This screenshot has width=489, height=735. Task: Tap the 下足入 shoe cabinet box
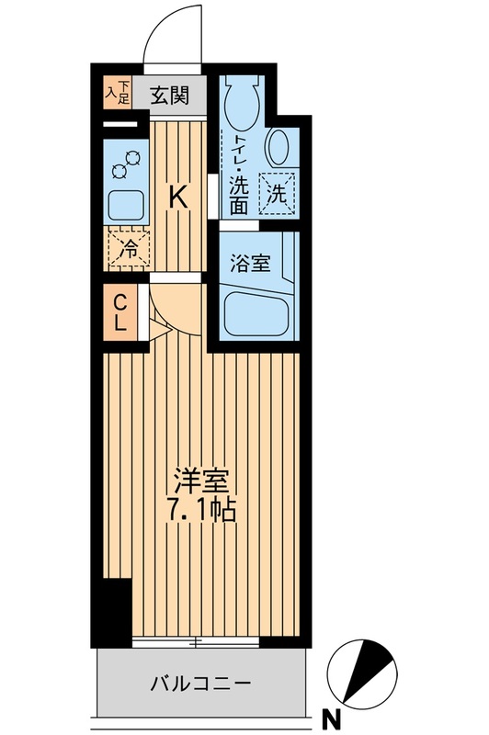pos(116,91)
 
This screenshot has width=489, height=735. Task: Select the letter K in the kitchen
pos(179,196)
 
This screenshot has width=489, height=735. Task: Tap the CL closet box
pos(119,313)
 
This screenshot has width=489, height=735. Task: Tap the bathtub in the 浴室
pos(257,311)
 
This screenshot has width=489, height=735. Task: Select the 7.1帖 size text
pos(202,511)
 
